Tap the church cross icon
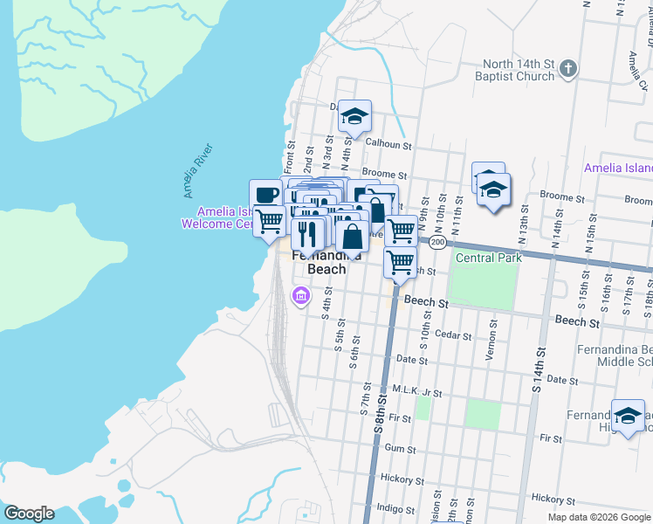567,68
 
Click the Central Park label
488,258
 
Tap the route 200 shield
437,241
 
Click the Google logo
28,514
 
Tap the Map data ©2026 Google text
598,517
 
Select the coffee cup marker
265,195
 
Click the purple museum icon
300,297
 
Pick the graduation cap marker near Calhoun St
354,116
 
